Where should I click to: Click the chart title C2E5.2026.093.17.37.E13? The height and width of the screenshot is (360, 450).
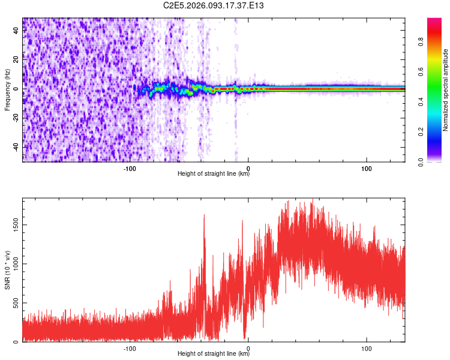(214, 5)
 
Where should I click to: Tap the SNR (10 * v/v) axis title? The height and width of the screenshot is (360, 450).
(7, 270)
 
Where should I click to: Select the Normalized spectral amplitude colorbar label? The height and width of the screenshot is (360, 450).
(446, 90)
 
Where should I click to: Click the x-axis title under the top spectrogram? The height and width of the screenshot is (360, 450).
(214, 174)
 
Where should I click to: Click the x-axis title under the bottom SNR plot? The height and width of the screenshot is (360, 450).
(214, 354)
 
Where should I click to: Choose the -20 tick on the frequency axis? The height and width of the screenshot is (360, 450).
(16, 118)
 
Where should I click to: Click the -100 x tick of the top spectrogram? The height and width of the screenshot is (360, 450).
(130, 168)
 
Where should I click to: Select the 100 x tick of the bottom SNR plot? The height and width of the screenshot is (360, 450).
(367, 348)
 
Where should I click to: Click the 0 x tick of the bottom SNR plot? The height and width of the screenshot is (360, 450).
(248, 348)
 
